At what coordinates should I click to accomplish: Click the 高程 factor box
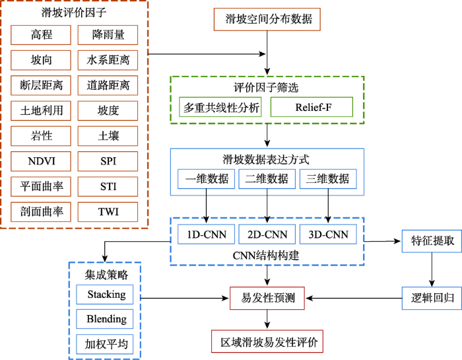41,34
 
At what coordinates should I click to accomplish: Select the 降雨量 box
108,34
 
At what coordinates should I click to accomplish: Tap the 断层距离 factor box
41,85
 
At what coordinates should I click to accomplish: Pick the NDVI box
41,161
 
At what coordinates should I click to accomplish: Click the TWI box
108,211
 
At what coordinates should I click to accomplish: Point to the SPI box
108,161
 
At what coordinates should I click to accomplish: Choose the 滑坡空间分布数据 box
268,20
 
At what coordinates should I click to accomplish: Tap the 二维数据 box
267,178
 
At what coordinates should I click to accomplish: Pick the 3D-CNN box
328,234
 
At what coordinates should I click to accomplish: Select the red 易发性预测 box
267,299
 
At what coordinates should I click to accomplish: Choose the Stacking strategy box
106,294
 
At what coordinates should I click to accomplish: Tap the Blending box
106,319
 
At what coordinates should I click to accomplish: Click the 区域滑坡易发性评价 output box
267,343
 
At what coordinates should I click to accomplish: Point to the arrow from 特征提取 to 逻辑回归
432,270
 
